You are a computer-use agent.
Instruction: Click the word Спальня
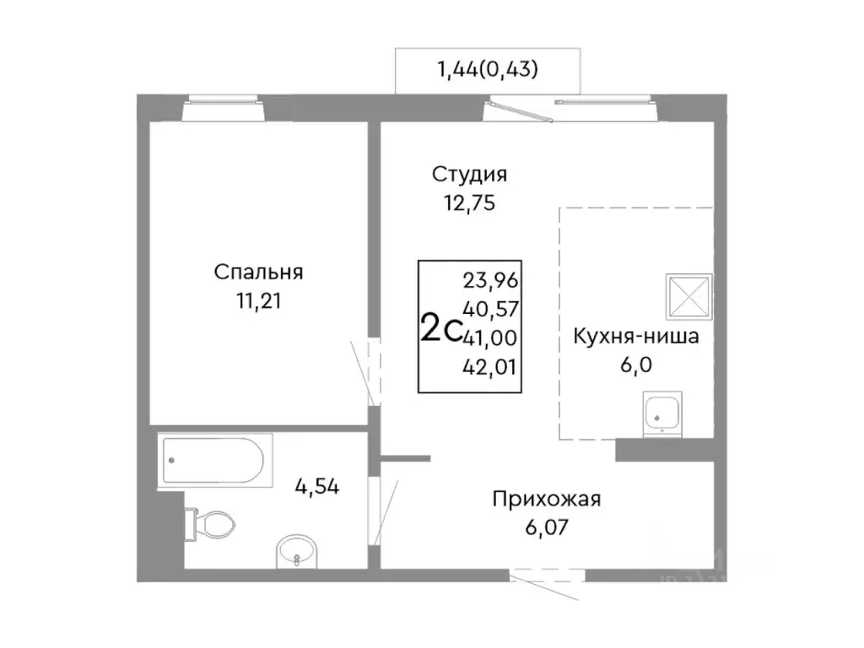pyautogui.click(x=258, y=273)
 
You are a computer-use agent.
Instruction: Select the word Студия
pyautogui.click(x=470, y=175)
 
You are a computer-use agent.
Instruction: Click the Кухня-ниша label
pyautogui.click(x=636, y=337)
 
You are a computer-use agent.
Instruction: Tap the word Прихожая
pyautogui.click(x=547, y=499)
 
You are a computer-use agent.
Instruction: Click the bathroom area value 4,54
pyautogui.click(x=316, y=487)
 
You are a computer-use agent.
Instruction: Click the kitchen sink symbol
pyautogui.click(x=664, y=414)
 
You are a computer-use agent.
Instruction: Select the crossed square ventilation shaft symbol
pyautogui.click(x=688, y=296)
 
